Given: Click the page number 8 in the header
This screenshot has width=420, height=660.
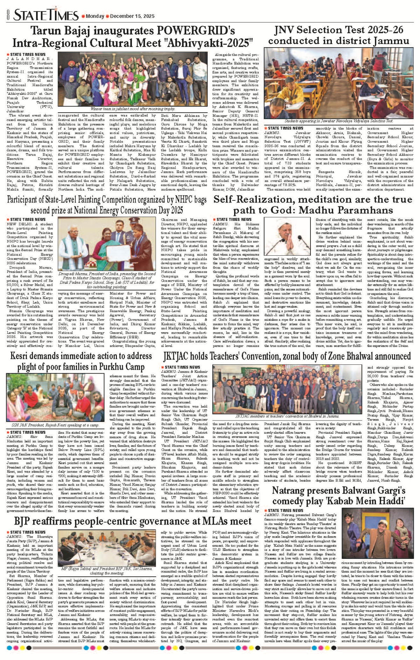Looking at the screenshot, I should click(x=8, y=15).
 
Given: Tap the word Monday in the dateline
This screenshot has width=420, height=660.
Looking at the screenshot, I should click(x=95, y=16).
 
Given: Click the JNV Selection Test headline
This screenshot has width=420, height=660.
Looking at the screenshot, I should click(x=339, y=35).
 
